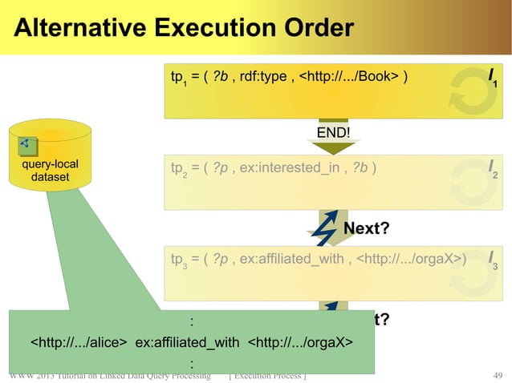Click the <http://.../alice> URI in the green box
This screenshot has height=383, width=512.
pos(79,344)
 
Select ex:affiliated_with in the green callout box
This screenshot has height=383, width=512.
pos(188,344)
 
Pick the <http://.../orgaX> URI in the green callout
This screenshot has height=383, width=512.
pos(300,344)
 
